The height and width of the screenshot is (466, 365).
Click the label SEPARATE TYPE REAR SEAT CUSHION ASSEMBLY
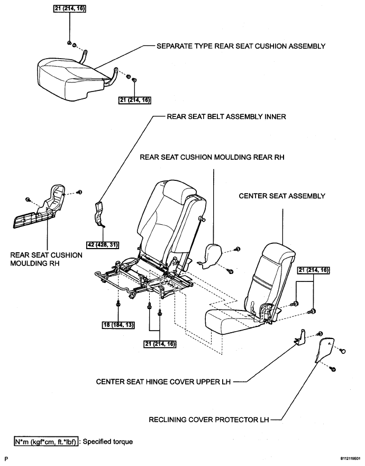pos(240,46)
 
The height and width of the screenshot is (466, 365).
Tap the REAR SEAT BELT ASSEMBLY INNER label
pos(226,117)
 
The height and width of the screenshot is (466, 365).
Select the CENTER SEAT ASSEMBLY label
pos(282,196)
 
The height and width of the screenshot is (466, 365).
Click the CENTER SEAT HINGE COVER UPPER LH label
pos(163,380)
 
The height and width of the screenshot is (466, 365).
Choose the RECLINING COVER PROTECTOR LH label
pos(209,421)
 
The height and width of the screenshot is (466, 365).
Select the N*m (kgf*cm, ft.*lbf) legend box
pos(46,441)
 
